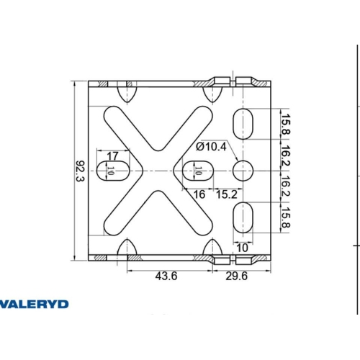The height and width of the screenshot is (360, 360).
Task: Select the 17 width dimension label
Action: (112, 156)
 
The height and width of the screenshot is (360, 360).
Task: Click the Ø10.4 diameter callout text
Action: (212, 148)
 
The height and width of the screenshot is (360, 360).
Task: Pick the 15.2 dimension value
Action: (227, 194)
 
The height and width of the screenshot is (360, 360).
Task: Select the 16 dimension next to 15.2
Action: (199, 194)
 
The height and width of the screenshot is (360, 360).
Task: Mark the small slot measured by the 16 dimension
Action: (193, 171)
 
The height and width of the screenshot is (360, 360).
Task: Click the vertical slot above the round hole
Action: (244, 122)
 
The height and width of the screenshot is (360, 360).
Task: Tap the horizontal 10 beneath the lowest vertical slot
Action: (243, 248)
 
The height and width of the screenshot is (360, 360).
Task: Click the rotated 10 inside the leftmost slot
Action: (111, 171)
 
